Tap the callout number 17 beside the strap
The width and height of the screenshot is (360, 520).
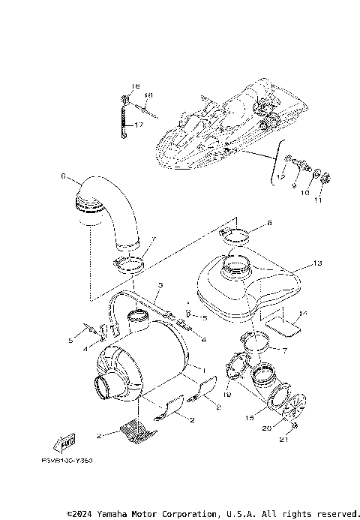pos(139,125)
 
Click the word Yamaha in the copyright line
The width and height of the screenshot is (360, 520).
pos(115,514)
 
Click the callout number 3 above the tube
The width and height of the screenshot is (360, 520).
pos(160,286)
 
